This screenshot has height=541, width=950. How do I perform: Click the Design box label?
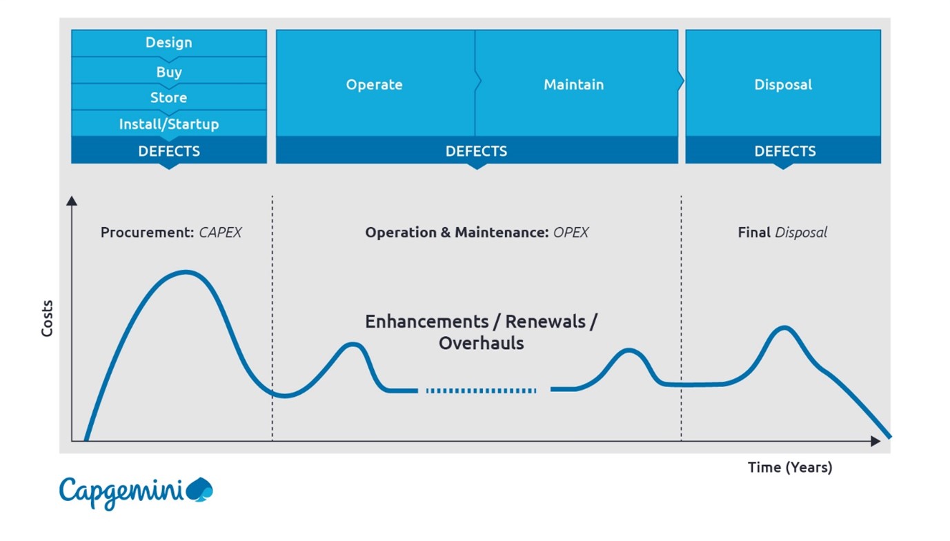[169, 42]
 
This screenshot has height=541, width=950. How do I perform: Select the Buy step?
[169, 72]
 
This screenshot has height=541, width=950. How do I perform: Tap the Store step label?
[169, 97]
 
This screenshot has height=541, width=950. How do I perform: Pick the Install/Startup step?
[169, 124]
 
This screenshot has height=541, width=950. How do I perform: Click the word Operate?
[374, 85]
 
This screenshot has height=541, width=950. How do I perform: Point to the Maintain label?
[574, 84]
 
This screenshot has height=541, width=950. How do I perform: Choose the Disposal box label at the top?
[783, 85]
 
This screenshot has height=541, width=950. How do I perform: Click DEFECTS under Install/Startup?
[169, 151]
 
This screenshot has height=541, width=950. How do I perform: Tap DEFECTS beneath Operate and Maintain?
[476, 151]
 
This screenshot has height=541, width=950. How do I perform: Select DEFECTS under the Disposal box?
[785, 151]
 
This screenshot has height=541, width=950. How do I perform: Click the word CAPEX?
[220, 233]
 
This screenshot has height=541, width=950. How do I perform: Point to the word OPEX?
[571, 233]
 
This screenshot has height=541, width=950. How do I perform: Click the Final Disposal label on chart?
[782, 233]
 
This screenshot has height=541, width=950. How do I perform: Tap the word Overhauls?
[482, 343]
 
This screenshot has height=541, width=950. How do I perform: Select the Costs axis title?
[47, 318]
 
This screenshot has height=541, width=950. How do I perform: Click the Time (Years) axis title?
[790, 467]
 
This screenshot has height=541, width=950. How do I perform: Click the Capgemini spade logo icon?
[200, 490]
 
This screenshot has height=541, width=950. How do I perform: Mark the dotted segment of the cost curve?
[481, 391]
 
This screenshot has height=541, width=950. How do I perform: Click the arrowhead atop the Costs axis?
[72, 201]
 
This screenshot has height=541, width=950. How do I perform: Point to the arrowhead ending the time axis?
[875, 441]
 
